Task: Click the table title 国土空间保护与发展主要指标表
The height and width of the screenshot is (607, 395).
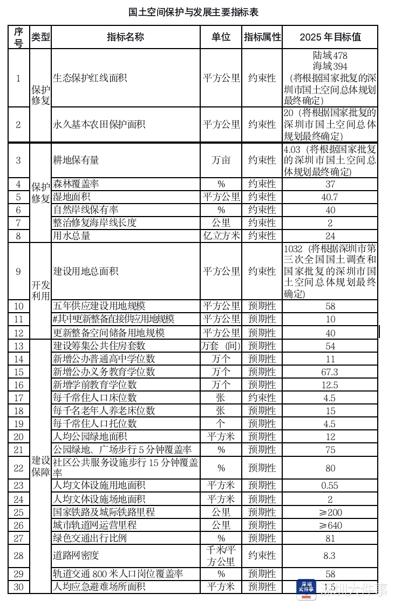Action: point(197,11)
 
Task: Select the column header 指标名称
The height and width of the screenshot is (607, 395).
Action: point(126,37)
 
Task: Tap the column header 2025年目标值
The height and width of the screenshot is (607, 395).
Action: point(330,37)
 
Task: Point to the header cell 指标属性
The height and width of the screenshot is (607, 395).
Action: point(262,37)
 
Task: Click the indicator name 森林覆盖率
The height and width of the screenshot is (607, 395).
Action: point(76,184)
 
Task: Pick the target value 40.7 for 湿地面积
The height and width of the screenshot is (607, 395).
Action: point(330,197)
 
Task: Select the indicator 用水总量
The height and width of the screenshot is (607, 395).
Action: point(72,236)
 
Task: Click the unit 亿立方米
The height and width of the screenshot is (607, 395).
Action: point(221,236)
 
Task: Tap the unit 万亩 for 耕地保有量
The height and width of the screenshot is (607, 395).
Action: point(221,160)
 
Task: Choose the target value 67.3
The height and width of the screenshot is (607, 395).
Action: point(330,372)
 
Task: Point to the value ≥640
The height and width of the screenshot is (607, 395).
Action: point(330,525)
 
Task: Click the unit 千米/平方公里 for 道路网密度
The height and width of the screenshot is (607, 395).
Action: point(221,555)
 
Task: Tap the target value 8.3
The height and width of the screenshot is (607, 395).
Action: point(330,555)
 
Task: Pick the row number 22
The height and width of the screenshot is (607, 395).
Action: point(19,468)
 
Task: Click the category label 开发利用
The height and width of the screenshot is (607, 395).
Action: point(40,290)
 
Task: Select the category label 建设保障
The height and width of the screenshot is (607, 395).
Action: point(40,467)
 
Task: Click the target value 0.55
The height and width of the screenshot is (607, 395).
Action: point(330,485)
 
